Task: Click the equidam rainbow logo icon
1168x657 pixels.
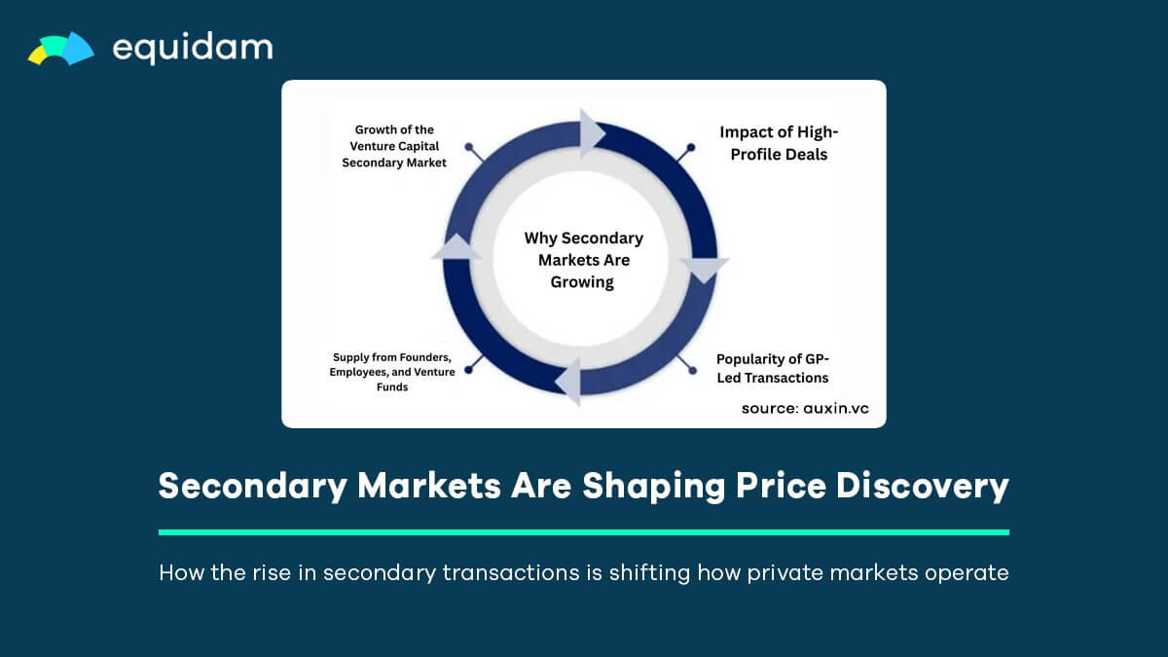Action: point(60,49)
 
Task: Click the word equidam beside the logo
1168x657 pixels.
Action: point(193,48)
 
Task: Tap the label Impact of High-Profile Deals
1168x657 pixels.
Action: point(779,143)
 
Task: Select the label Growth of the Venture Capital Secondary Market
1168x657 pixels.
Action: point(394,146)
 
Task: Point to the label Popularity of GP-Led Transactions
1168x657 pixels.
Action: point(773,368)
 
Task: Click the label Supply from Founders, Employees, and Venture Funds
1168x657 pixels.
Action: point(391,372)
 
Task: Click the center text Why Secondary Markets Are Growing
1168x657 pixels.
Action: point(583,260)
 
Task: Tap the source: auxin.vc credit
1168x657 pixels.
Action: point(805,408)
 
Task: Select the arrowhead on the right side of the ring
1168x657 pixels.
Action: point(704,270)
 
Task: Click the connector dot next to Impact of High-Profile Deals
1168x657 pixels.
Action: point(691,149)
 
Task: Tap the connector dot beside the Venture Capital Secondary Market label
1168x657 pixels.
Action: point(469,149)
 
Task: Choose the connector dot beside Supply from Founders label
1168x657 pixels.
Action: point(469,369)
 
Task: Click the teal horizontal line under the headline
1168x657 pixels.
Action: point(583,532)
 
